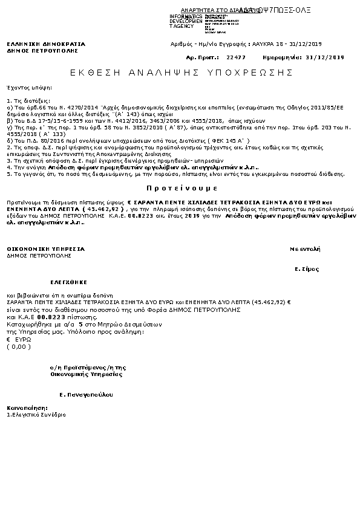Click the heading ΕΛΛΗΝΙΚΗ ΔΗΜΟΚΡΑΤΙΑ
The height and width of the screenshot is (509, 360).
pos(46,44)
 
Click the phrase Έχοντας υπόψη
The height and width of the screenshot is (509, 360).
pos(24,88)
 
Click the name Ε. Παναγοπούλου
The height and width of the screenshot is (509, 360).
pos(86,394)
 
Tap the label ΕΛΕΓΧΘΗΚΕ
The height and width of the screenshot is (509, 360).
pos(69,282)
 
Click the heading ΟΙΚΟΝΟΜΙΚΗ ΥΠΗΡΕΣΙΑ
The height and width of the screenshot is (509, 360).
pos(46,249)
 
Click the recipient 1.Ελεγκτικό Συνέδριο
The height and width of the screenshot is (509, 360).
pos(36,415)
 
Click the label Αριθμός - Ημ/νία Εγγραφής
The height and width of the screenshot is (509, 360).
pos(206,45)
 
